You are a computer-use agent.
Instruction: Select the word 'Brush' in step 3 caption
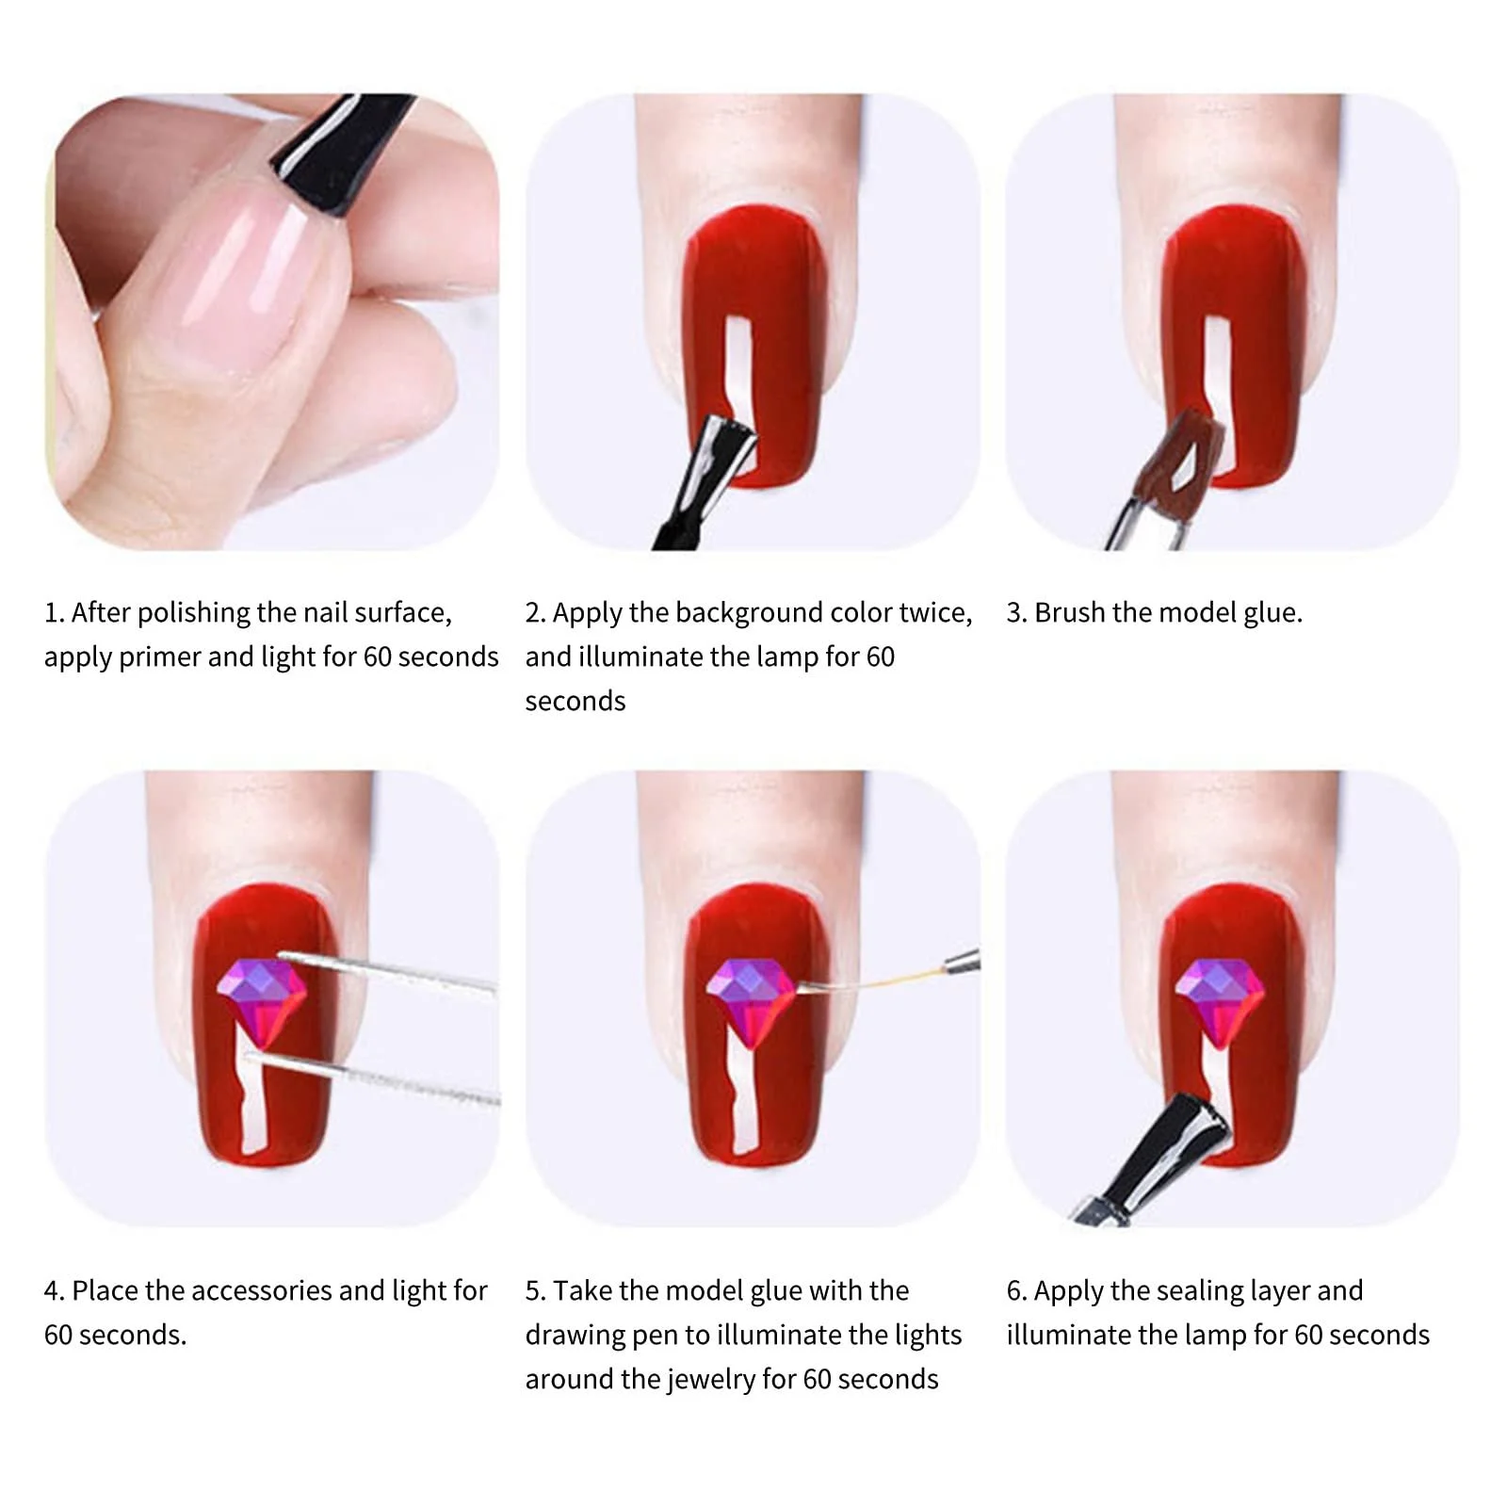(x=1069, y=613)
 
